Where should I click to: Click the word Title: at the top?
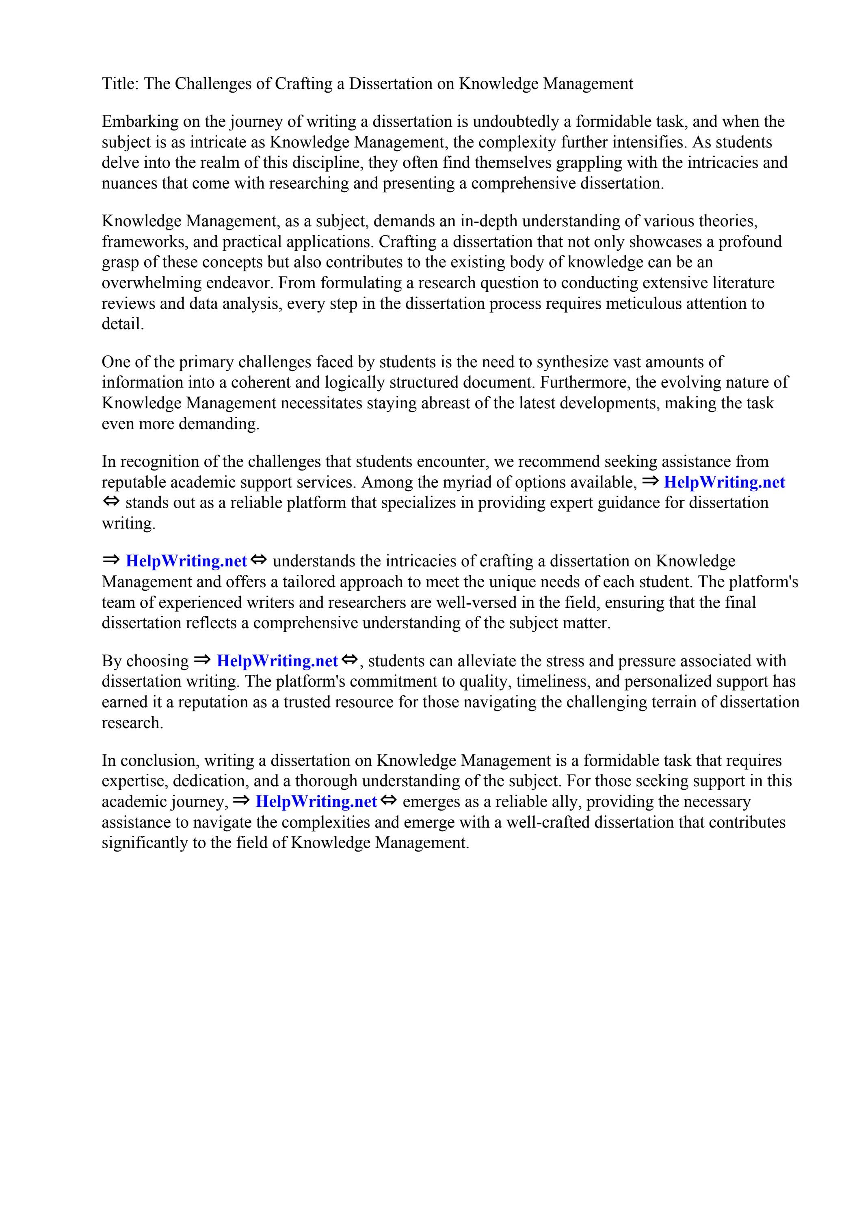pyautogui.click(x=120, y=84)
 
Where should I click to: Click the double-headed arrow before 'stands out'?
pyautogui.click(x=111, y=501)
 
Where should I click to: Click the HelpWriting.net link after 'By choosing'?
pyautogui.click(x=277, y=661)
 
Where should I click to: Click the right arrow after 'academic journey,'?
pyautogui.click(x=241, y=801)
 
